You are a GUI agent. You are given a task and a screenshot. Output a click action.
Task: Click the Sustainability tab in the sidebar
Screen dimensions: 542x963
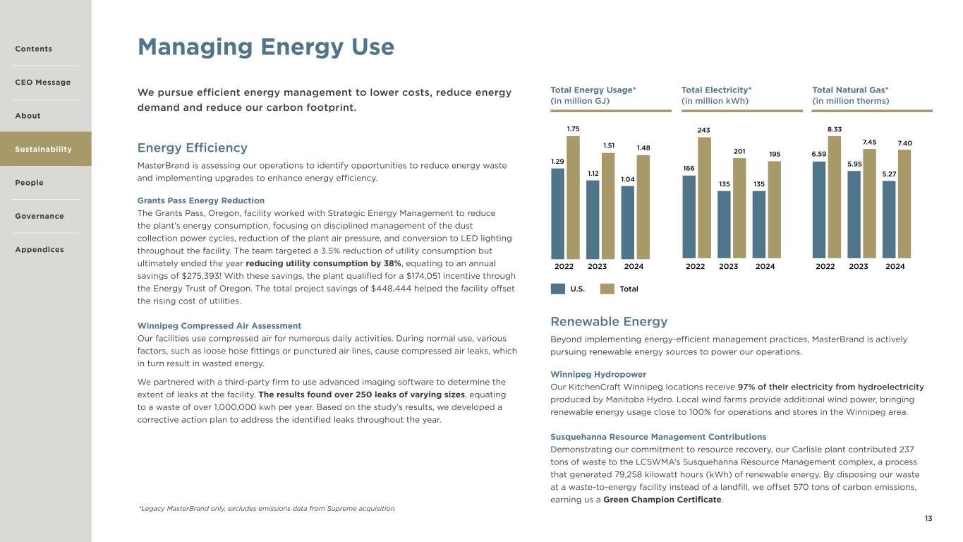coord(44,149)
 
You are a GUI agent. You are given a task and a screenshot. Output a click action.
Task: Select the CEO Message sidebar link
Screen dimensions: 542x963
coord(43,83)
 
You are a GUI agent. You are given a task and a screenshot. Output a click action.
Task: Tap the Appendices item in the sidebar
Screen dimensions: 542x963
coord(40,250)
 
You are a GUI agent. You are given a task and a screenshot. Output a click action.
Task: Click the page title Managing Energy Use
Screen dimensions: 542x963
coord(266,47)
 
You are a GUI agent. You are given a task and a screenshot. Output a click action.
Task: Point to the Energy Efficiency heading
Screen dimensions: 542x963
coord(193,147)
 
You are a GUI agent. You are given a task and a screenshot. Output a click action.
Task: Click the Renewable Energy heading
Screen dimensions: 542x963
coord(609,322)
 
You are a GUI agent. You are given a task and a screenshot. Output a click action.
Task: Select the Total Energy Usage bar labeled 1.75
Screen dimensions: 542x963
coord(573,197)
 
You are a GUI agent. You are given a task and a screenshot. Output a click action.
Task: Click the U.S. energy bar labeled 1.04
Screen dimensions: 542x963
coord(628,222)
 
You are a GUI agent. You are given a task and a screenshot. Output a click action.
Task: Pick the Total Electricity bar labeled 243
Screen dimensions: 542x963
coord(704,197)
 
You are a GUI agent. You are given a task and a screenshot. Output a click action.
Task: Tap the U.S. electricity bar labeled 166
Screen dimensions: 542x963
coord(689,216)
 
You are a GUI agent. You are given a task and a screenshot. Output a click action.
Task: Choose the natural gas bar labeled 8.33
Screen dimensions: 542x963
coord(834,197)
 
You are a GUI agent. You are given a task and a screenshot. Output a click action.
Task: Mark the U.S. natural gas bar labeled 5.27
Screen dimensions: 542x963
coord(889,219)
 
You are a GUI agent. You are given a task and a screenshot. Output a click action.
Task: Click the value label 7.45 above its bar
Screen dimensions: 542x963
coord(868,142)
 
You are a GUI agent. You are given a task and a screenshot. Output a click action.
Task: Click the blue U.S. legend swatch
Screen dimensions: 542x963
coord(558,289)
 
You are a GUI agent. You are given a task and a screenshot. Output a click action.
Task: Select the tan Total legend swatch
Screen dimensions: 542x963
coord(607,289)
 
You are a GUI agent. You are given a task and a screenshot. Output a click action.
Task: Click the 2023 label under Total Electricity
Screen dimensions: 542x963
coord(729,267)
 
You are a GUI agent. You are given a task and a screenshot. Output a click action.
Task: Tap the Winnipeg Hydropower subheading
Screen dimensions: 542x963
coord(598,374)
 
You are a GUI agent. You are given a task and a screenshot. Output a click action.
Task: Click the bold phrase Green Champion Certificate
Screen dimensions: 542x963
coord(662,500)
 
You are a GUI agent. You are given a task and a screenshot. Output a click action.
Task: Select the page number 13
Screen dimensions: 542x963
coord(928,519)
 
